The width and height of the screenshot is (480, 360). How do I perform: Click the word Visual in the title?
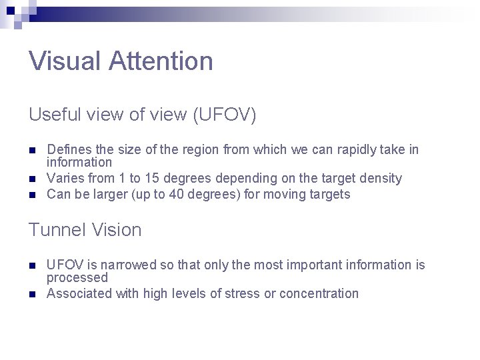[x=64, y=61]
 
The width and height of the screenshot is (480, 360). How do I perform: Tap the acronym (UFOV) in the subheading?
[x=224, y=115]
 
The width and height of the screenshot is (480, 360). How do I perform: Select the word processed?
[x=77, y=277]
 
